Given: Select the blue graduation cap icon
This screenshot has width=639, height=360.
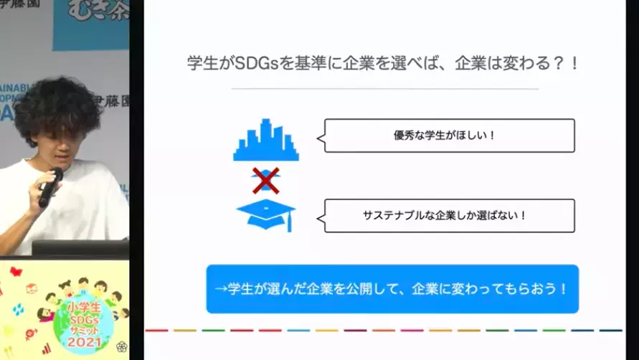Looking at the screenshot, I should [x=265, y=214].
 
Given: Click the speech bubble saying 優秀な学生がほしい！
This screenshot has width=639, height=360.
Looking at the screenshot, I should [x=449, y=136].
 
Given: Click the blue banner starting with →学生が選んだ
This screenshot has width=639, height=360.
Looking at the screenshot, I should [x=392, y=289].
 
